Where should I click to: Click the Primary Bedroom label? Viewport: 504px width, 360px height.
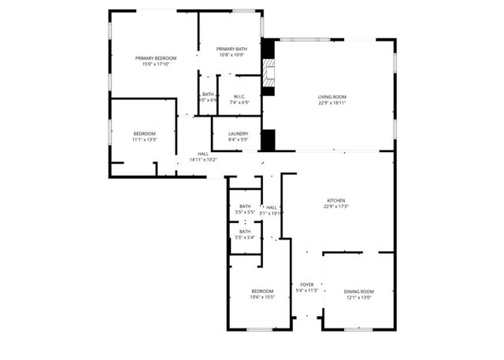click(155, 58)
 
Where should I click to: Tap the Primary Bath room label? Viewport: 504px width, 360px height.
click(232, 49)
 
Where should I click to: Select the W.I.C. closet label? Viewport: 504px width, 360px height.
click(239, 96)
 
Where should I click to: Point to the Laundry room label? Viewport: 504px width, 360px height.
click(239, 134)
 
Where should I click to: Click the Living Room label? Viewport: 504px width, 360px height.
click(332, 97)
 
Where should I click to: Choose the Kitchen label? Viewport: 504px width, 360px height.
click(336, 201)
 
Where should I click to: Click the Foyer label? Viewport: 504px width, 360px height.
click(306, 284)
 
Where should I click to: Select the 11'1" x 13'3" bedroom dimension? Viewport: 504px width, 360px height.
click(144, 140)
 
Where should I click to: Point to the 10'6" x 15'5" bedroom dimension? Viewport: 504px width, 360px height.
click(262, 298)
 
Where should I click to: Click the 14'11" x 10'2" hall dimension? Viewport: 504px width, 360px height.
click(203, 160)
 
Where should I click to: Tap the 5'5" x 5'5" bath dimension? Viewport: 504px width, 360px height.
click(245, 213)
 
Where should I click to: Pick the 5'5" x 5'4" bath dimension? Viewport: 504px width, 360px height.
click(245, 238)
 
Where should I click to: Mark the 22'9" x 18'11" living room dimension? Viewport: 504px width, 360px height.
click(332, 103)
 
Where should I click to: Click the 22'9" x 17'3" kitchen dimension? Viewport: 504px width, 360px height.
click(336, 207)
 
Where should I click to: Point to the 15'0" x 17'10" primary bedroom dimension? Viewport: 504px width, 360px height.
click(155, 65)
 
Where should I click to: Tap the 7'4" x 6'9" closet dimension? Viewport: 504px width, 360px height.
click(239, 102)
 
